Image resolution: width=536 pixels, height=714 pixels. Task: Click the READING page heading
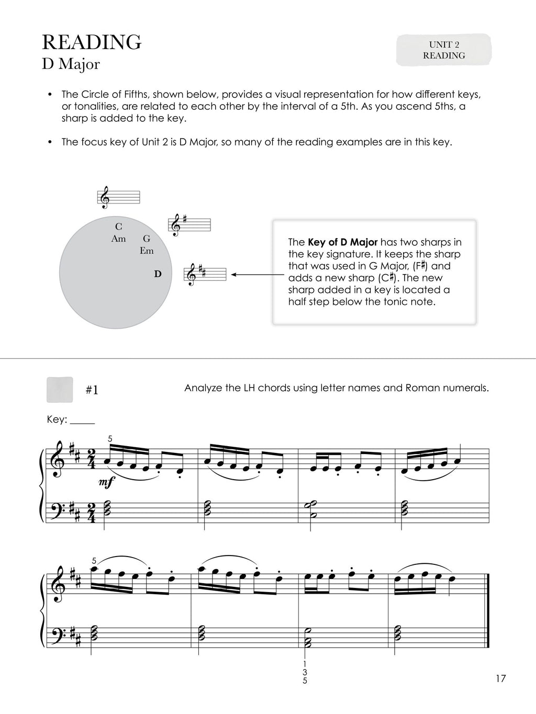(91, 42)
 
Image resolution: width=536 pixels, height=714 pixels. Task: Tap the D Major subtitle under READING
(71, 64)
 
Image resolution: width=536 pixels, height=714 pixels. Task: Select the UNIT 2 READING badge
(444, 50)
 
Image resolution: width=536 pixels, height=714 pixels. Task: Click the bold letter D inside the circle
(158, 274)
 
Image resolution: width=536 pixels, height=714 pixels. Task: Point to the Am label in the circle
(119, 239)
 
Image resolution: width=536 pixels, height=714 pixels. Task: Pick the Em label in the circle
(147, 251)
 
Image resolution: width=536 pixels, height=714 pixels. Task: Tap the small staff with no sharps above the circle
(120, 197)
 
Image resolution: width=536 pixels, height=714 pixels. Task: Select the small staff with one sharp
(189, 224)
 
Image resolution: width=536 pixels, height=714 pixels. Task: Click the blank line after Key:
(83, 421)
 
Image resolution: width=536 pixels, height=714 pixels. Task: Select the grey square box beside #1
(60, 390)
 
